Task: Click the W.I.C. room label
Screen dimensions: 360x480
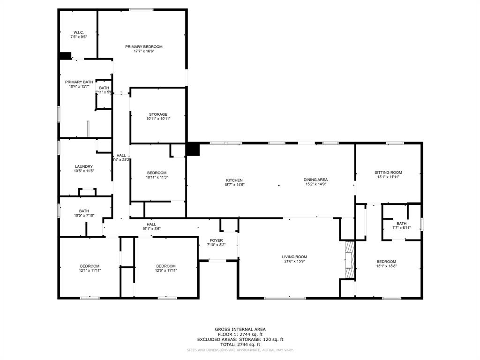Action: pos(78,32)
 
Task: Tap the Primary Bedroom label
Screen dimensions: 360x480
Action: pos(143,46)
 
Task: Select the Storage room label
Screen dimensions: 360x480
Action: pos(158,114)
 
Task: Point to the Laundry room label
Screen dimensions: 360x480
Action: pos(84,166)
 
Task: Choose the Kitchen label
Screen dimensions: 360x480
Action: pos(234,180)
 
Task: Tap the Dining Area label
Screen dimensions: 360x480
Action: pos(315,180)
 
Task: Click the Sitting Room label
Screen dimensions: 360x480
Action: pos(388,172)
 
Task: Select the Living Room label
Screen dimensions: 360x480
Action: pos(294,256)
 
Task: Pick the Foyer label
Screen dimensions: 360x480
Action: pos(216,240)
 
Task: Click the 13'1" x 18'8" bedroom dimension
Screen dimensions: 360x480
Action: pos(386,266)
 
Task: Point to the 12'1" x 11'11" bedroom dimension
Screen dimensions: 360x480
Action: pos(90,270)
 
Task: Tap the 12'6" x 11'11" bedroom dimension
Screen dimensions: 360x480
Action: pos(166,270)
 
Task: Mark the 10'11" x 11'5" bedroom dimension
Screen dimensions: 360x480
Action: pos(157,177)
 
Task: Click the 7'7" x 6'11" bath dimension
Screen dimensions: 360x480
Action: pos(401,228)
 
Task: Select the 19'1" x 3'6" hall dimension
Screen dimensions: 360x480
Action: pos(151,229)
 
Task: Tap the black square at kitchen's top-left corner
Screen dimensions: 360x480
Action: pos(193,150)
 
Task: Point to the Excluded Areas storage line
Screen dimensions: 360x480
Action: pos(240,339)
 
